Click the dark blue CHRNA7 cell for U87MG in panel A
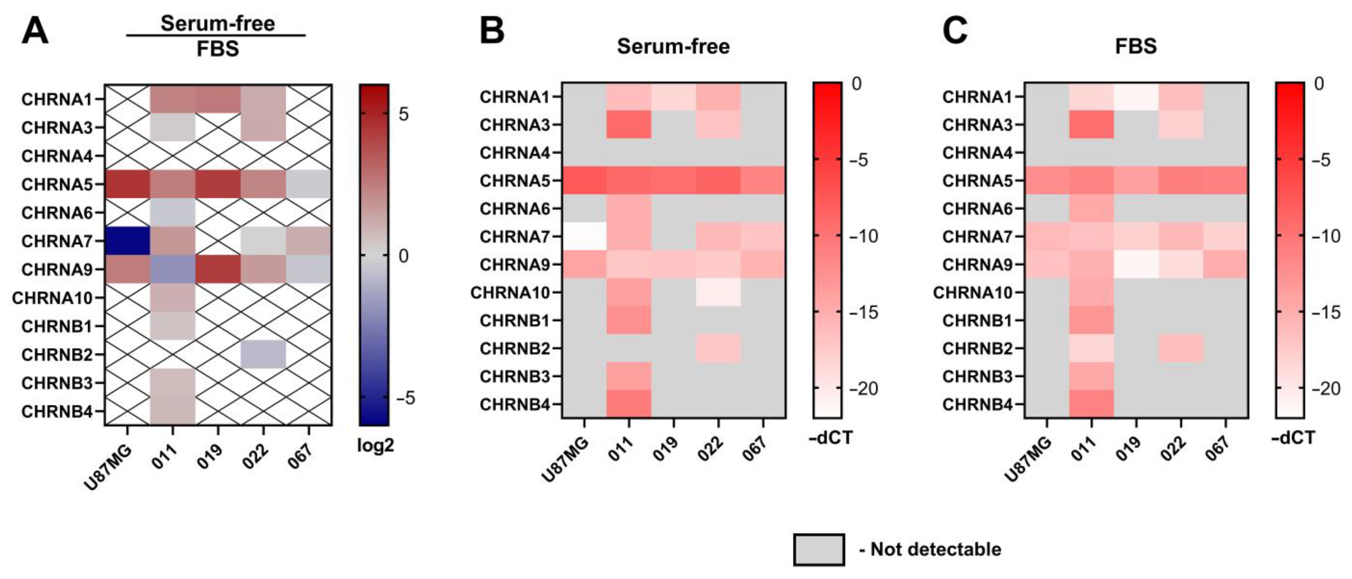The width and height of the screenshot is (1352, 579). tap(127, 241)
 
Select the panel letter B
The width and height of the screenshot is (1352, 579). tap(492, 31)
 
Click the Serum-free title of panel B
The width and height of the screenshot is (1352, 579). tap(673, 46)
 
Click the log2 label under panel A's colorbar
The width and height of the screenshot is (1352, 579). tap(375, 445)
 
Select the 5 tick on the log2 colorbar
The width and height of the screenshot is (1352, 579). tap(403, 114)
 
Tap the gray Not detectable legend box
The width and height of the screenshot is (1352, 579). tap(819, 549)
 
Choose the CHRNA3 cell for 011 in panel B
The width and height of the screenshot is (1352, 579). tap(628, 124)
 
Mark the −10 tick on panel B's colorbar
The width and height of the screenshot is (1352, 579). tap(863, 236)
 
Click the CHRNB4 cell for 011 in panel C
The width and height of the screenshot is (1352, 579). tap(1091, 404)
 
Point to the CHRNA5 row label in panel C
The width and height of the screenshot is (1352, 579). tap(977, 181)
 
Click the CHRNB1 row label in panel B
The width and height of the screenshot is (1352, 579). tap(514, 320)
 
